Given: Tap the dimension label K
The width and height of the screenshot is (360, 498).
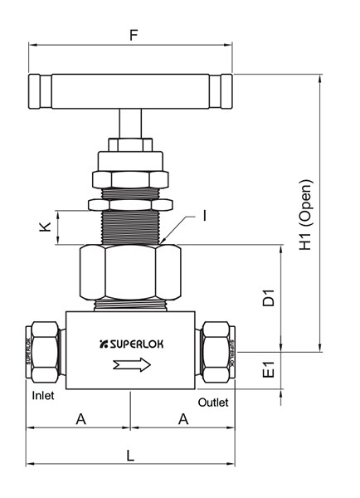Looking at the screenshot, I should click(46, 227).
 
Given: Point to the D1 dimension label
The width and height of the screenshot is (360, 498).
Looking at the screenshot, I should click(267, 298).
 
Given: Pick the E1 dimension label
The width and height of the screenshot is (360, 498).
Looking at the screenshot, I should click(267, 370).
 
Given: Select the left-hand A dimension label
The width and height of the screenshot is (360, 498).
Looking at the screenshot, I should click(80, 419).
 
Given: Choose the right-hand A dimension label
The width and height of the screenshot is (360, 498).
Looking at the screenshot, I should click(183, 419).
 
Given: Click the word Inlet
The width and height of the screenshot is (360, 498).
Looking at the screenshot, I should click(42, 396).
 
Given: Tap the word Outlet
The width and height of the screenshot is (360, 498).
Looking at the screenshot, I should click(214, 402).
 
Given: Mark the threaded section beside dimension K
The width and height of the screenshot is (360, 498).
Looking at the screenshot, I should click(130, 225).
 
